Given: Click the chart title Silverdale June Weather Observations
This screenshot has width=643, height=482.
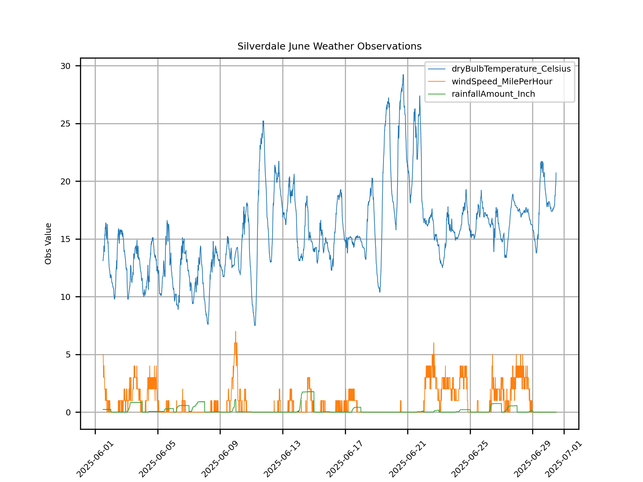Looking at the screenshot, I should click(329, 46).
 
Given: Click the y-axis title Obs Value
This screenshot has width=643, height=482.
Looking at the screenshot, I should click(48, 243).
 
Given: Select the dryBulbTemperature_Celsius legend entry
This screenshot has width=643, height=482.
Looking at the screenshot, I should click(511, 69).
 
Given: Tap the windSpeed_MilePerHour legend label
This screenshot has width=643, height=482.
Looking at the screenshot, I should click(502, 82).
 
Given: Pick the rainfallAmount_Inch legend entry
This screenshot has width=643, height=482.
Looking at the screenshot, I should click(493, 94).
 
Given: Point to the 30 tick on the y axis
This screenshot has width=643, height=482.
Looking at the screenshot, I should click(66, 66).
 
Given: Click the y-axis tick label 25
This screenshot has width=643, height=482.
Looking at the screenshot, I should click(66, 124).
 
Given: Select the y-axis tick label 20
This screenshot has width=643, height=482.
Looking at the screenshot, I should click(66, 181).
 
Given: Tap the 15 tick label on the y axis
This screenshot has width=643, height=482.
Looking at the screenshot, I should click(66, 239).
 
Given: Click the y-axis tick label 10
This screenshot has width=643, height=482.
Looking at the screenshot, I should click(66, 297).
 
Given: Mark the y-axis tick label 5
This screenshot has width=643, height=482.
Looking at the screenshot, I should click(68, 355).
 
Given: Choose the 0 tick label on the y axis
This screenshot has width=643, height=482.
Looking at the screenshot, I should click(68, 412).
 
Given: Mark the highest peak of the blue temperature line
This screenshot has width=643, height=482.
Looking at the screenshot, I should click(403, 75).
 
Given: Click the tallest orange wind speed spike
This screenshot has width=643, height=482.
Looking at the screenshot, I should click(235, 332).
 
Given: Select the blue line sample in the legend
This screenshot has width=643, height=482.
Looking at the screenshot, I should click(437, 69).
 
